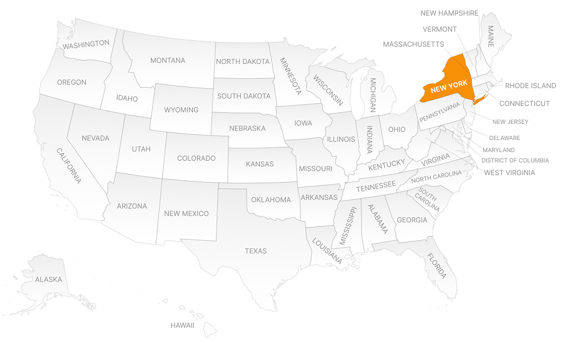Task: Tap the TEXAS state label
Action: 256,251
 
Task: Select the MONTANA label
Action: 168,60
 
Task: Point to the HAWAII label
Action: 182,325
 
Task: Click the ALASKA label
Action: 48,279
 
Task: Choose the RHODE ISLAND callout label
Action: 530,86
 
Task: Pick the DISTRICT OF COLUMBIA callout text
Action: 515,160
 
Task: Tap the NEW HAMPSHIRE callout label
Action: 449,13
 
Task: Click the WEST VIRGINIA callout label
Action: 509,172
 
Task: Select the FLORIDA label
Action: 436,266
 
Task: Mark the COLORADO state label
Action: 196,158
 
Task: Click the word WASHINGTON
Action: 86,44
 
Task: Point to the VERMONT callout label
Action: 439,29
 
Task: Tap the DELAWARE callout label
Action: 505,138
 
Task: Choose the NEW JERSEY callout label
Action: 510,122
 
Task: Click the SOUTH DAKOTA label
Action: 244,96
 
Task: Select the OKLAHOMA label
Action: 271,200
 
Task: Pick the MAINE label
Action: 491,36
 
